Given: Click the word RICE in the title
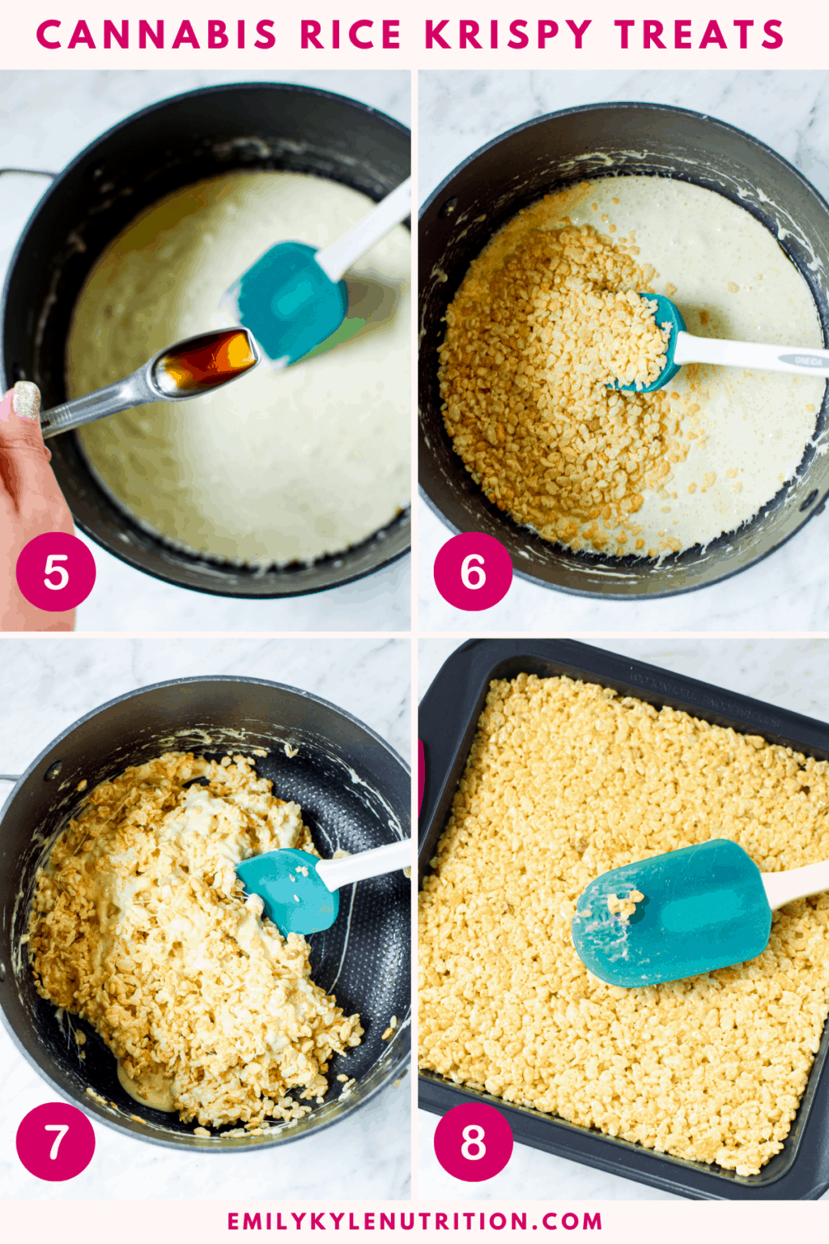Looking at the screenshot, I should tap(351, 35).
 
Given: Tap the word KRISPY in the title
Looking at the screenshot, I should tap(508, 35).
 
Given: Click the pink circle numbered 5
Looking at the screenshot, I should tap(56, 572).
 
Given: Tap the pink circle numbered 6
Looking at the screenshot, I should tap(474, 572).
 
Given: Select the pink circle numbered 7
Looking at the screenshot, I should tap(56, 1141).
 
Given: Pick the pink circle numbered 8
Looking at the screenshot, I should tap(474, 1141).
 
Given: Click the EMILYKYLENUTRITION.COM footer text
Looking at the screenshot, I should tap(414, 1221).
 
